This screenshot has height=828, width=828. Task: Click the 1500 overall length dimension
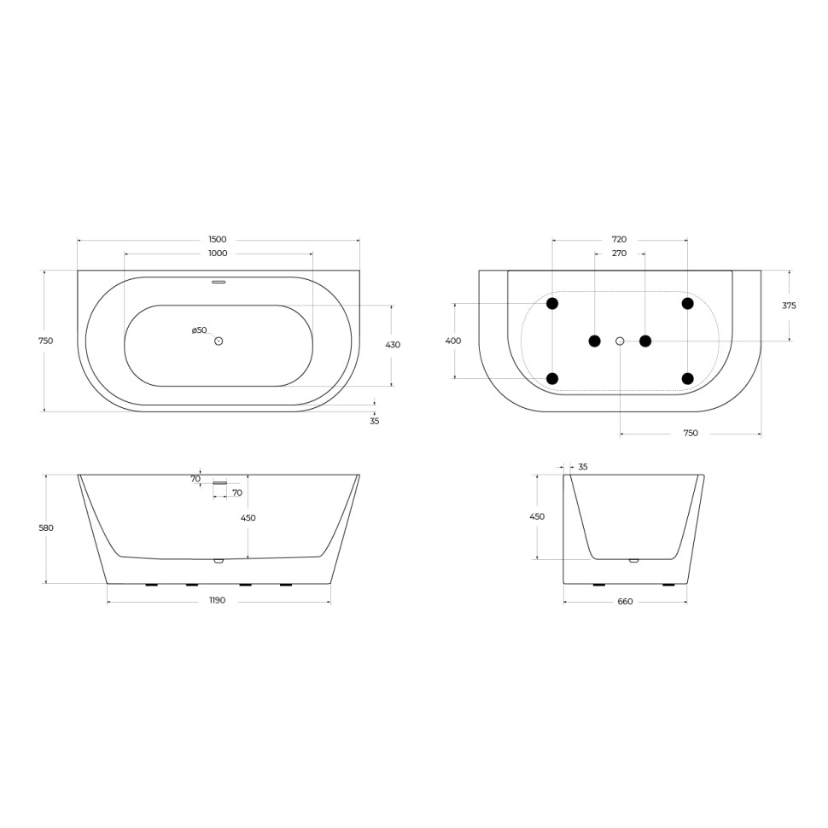(x=218, y=240)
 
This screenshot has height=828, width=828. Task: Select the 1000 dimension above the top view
(x=218, y=254)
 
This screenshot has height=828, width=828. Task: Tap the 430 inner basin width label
(x=393, y=345)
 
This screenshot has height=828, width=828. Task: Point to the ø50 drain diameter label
(x=199, y=330)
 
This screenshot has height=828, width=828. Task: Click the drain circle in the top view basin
(x=219, y=341)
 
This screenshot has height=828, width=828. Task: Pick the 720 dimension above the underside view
(x=620, y=240)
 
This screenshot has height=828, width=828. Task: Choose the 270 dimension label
(x=620, y=254)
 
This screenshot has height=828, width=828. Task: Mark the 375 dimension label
(x=789, y=306)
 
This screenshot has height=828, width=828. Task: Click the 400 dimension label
(x=453, y=341)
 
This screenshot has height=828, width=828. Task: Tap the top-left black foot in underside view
(x=552, y=304)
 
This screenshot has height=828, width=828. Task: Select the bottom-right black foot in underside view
(x=687, y=378)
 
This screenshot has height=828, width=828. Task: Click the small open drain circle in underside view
(x=620, y=341)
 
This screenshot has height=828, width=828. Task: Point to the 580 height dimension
(x=46, y=528)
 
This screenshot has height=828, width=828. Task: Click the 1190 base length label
(x=218, y=601)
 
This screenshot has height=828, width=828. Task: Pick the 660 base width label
(x=625, y=602)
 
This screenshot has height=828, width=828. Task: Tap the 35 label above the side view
(x=583, y=467)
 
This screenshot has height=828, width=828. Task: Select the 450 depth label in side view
(x=537, y=516)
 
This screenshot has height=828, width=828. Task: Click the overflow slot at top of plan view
(x=219, y=281)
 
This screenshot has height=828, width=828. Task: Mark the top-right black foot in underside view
(x=687, y=304)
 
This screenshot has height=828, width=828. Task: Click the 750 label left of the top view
(x=46, y=341)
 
